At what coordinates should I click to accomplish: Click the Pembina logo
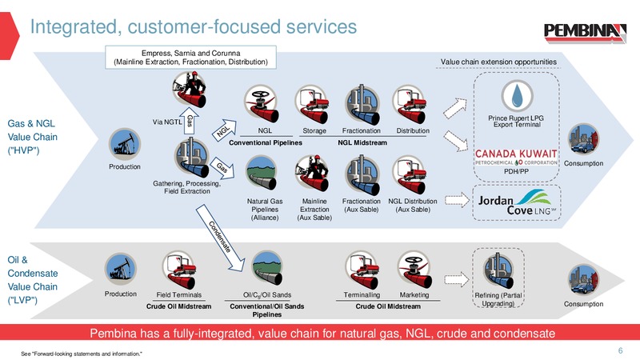click(585, 33)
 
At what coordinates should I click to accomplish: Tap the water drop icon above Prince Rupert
click(517, 95)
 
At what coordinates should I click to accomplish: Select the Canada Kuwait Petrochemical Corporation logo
click(516, 157)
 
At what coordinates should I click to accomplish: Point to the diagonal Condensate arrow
click(220, 238)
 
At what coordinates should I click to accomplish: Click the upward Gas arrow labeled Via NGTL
click(189, 121)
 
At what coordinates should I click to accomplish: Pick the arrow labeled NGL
click(224, 130)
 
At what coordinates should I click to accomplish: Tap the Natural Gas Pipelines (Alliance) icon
click(262, 174)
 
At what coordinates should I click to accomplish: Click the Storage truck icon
click(312, 104)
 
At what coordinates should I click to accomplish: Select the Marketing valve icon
click(414, 270)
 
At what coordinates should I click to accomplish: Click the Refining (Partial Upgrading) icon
click(498, 270)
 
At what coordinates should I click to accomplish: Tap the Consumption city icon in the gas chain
click(584, 139)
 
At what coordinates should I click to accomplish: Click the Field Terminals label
click(178, 294)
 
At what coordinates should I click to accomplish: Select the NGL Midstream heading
click(362, 143)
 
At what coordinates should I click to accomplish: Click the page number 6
click(621, 350)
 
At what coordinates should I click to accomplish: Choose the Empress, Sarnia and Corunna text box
click(190, 57)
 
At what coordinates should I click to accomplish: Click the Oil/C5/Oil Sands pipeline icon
click(266, 268)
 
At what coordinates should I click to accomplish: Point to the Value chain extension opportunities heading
click(498, 62)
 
